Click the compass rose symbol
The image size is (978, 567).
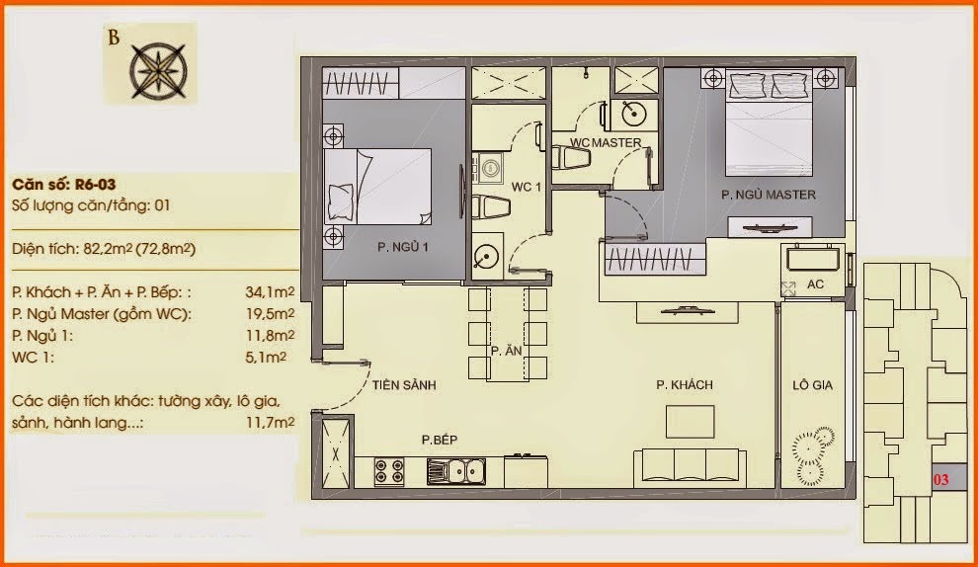click(x=158, y=71)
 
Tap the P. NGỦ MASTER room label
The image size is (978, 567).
click(x=769, y=195)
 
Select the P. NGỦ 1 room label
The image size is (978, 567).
click(x=402, y=247)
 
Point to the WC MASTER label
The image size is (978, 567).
click(x=606, y=143)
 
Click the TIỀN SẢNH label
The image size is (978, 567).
click(x=404, y=385)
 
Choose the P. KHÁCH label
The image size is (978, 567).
click(x=685, y=385)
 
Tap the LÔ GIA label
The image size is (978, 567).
click(x=812, y=385)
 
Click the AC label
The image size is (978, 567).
click(x=815, y=284)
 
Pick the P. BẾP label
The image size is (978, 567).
click(x=439, y=440)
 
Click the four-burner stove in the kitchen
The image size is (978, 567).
click(x=389, y=471)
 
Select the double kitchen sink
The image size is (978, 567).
click(x=456, y=471)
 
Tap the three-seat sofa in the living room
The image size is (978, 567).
click(x=690, y=468)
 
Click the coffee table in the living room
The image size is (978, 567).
click(x=690, y=422)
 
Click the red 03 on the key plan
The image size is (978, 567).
click(x=940, y=480)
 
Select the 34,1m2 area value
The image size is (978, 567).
click(x=270, y=292)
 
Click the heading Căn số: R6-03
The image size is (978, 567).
click(x=63, y=185)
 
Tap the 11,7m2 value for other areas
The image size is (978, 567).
click(x=270, y=423)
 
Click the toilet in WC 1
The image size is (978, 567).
click(x=491, y=207)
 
